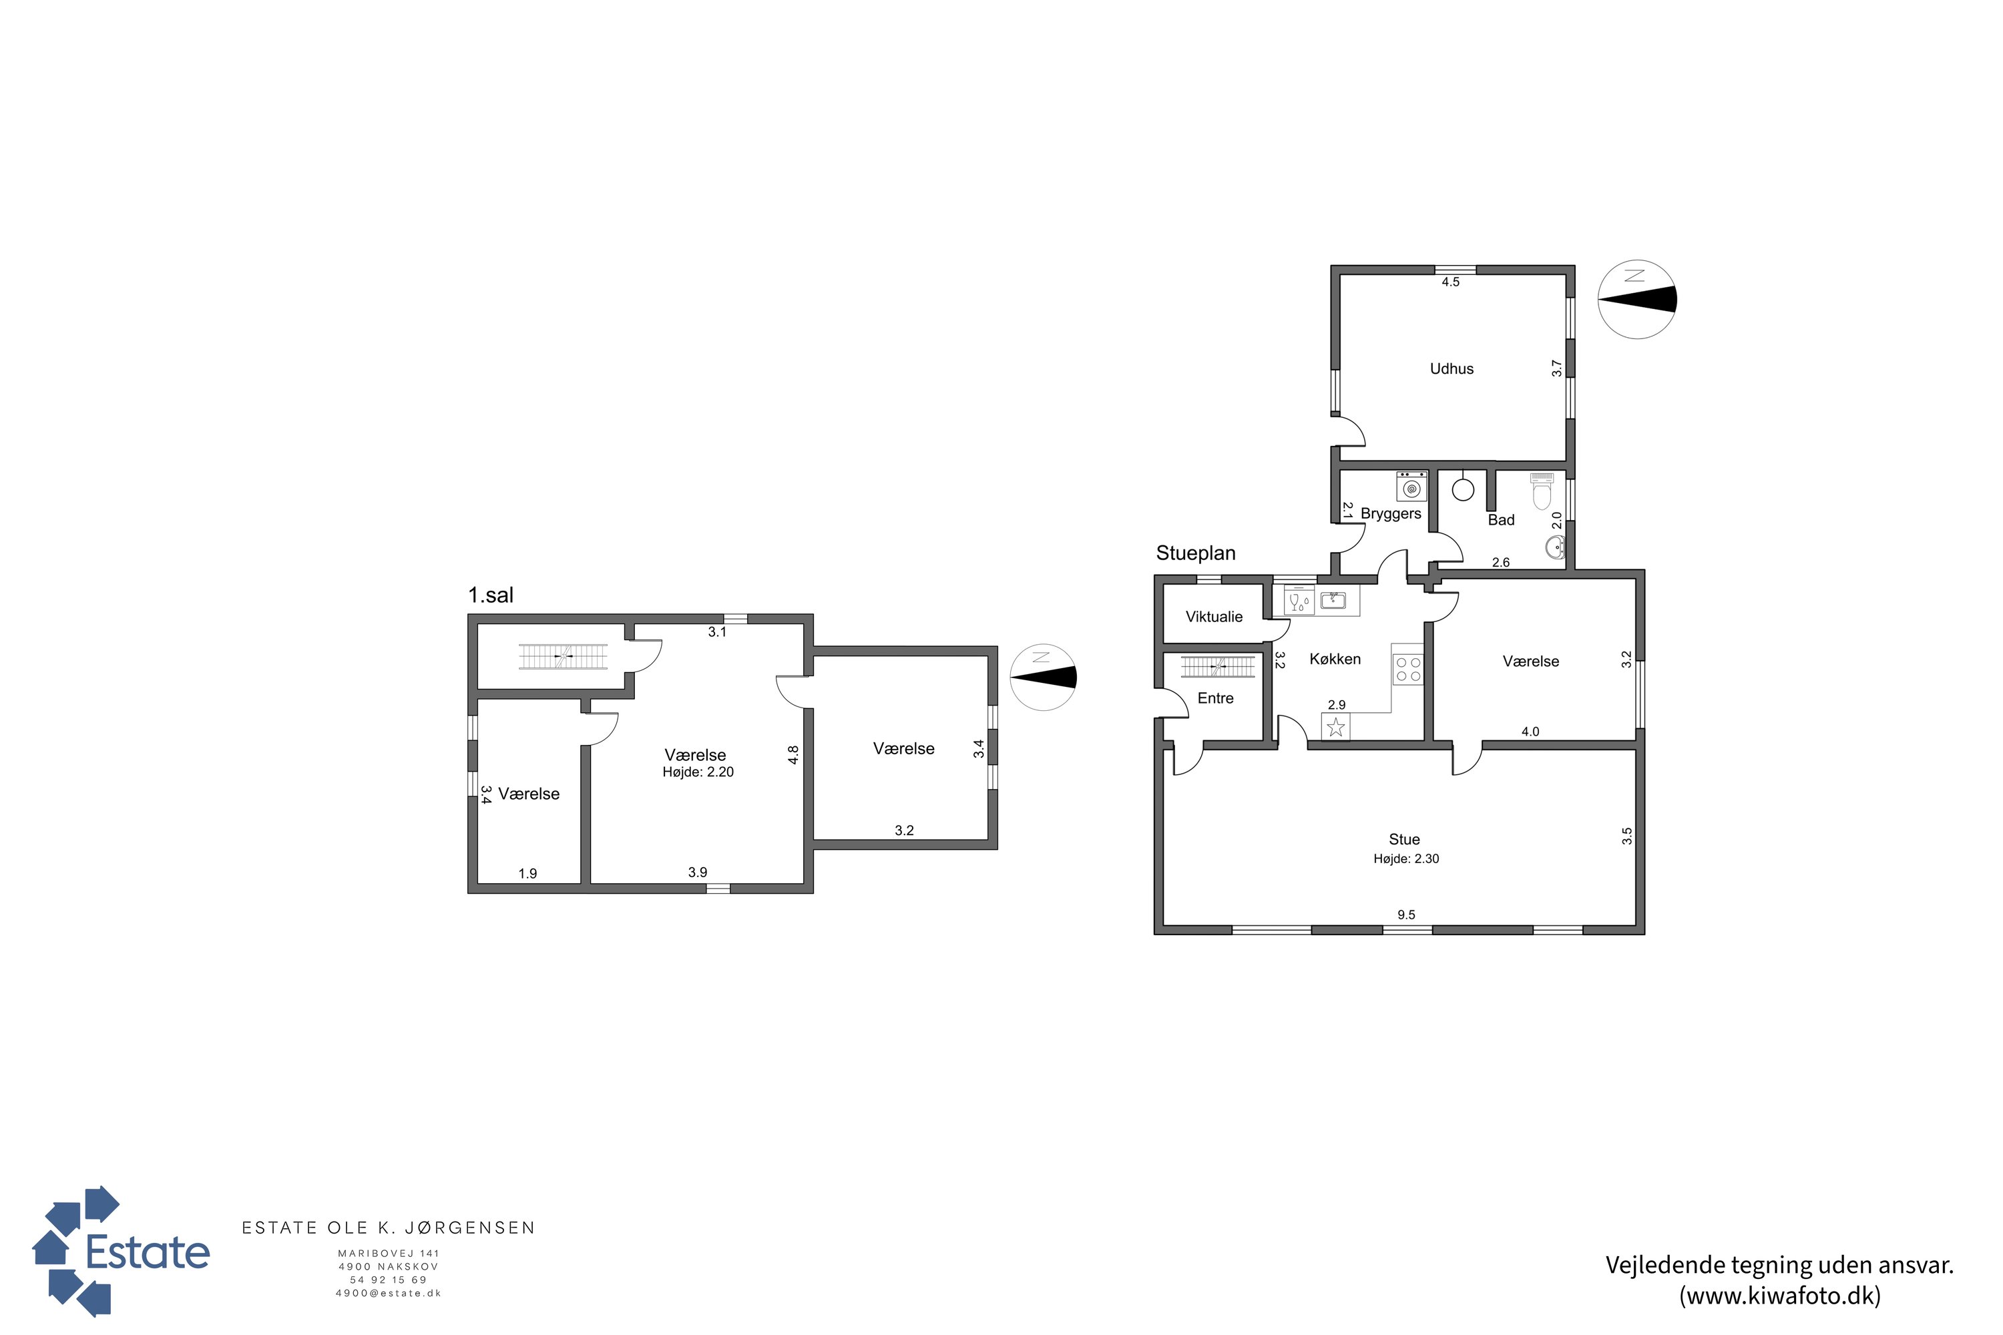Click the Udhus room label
(x=1451, y=368)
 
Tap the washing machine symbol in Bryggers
(x=1412, y=486)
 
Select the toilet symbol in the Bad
(x=1542, y=491)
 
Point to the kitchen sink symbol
(x=1333, y=600)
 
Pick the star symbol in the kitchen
(x=1335, y=727)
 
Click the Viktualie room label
(x=1214, y=616)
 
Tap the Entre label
(x=1215, y=698)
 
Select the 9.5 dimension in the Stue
(x=1406, y=914)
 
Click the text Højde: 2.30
(x=1406, y=859)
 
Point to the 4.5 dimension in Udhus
(x=1450, y=282)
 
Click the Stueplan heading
(x=1196, y=553)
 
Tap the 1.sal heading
(x=491, y=595)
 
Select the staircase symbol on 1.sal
(x=563, y=656)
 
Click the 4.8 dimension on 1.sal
(x=793, y=755)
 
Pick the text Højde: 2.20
(x=698, y=772)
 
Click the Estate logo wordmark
(x=148, y=1252)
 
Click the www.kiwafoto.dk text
(x=1780, y=1295)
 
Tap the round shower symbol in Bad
(x=1463, y=489)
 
